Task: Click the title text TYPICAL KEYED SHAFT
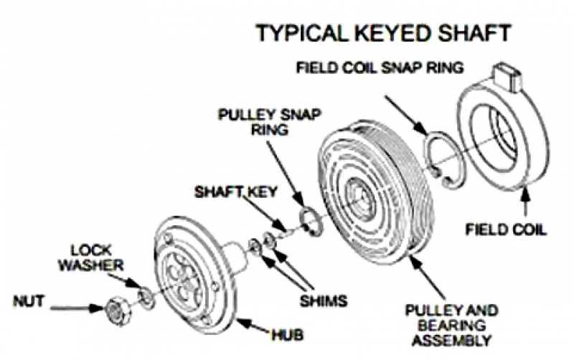tap(383, 33)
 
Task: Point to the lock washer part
tap(144, 295)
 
